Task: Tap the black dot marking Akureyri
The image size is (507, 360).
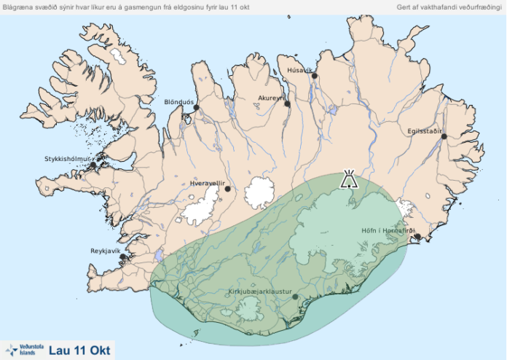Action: coord(288,104)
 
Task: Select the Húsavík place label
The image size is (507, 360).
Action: coord(299,70)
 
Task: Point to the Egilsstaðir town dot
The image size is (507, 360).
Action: coord(444,136)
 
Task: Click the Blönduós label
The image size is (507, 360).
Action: coord(179,102)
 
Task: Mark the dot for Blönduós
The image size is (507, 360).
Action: coord(196,108)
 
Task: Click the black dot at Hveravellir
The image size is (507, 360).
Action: coord(228,189)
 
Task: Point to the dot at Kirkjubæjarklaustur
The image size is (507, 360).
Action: coord(295,297)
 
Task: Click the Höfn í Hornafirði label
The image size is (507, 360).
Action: coord(388,231)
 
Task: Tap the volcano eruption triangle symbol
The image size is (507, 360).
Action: coord(350,179)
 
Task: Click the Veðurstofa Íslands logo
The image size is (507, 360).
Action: coord(23,350)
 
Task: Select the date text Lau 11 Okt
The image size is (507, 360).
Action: coord(79,350)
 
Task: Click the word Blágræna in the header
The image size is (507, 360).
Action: coord(20,7)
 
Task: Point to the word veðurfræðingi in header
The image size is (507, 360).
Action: coord(479,7)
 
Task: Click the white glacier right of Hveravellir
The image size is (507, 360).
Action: coord(259,193)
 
